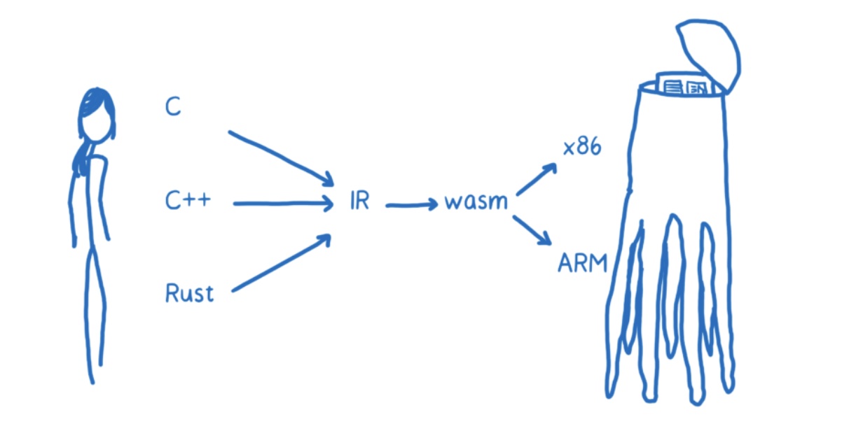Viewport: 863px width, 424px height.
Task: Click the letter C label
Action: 172,107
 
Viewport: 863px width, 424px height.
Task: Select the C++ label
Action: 188,202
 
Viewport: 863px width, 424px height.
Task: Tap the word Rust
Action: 188,292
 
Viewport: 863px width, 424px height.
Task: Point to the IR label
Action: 358,202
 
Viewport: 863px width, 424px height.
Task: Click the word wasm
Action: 476,202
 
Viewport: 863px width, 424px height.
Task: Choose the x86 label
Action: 582,148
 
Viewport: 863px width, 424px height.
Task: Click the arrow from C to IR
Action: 280,157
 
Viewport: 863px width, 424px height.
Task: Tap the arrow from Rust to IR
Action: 280,264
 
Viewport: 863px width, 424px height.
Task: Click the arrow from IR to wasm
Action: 412,205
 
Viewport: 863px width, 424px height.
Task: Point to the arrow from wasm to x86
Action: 536,179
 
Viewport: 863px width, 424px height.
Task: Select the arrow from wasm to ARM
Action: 532,230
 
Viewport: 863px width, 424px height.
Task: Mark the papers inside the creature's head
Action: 684,86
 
